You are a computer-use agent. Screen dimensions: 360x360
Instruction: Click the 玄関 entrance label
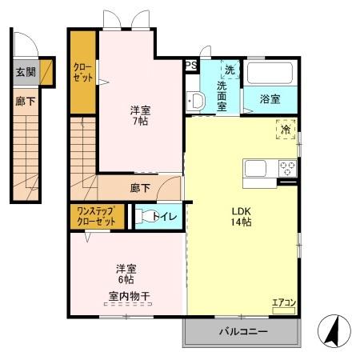point(25,72)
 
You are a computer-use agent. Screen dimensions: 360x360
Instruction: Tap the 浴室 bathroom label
point(270,99)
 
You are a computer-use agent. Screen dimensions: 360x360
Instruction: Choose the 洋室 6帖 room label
point(125,274)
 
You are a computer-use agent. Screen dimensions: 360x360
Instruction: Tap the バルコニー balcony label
point(242,330)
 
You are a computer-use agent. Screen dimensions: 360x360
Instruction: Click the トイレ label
point(166,215)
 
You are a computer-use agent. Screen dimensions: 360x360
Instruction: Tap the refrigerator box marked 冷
point(286,127)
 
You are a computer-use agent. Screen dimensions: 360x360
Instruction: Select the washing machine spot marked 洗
point(230,70)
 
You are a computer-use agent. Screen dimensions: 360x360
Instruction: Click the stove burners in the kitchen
point(287,168)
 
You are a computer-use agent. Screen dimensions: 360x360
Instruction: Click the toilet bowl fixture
point(142,215)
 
